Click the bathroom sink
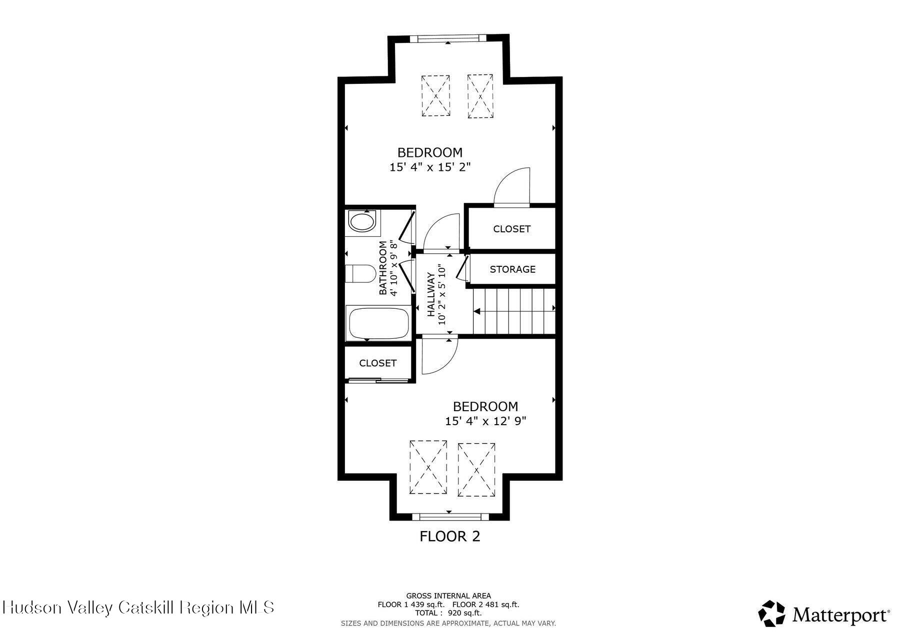pos(361,221)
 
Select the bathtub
pos(378,323)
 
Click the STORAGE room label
pos(512,269)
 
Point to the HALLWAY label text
pos(431,295)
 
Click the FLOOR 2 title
pos(449,537)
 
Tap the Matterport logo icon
pos(772,614)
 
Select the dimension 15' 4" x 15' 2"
pos(430,167)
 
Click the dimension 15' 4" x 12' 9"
pos(485,421)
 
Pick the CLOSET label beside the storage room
pos(511,229)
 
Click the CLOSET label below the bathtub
pos(377,363)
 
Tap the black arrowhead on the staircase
pos(476,312)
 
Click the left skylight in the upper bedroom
pos(435,96)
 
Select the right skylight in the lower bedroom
pos(476,470)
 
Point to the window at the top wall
pos(447,38)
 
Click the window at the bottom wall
pos(449,516)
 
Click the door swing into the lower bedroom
pos(439,357)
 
